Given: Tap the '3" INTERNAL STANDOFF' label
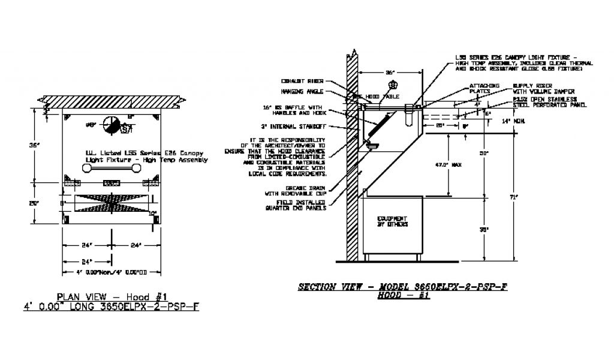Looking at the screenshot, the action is click(299, 127).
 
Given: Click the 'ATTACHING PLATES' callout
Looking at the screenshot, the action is click(484, 88).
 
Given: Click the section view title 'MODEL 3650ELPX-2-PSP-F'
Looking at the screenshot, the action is click(402, 287).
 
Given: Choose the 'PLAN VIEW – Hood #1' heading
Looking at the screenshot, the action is click(113, 296).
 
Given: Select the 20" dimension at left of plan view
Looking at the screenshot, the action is click(37, 203).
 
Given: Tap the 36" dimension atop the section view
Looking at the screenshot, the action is click(390, 72).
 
